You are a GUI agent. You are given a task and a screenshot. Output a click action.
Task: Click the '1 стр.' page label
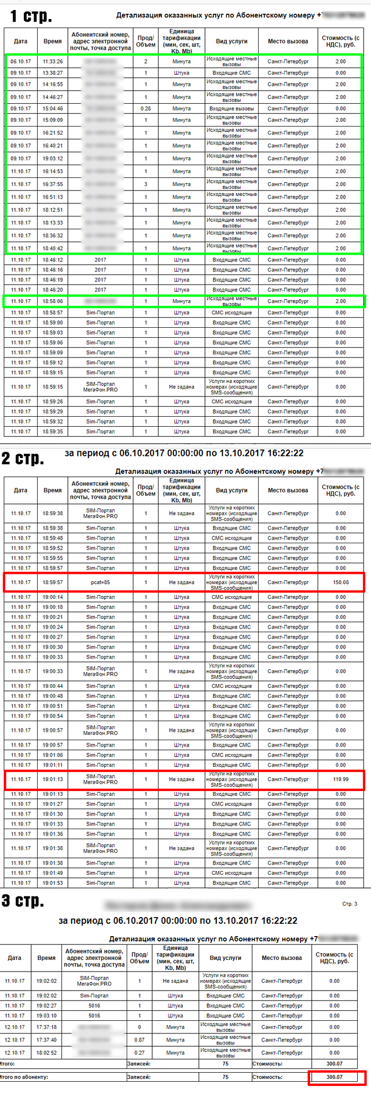[x=31, y=16]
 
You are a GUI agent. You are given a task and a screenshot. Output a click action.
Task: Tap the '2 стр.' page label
[x=22, y=458]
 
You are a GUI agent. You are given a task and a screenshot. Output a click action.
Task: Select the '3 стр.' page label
[x=22, y=901]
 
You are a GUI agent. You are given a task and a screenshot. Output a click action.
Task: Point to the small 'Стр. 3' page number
[x=349, y=904]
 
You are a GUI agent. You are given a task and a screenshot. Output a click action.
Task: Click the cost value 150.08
[x=341, y=582]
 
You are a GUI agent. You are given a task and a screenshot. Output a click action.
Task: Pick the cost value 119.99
[x=341, y=779]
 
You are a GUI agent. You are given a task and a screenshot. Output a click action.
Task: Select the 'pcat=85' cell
[x=100, y=582]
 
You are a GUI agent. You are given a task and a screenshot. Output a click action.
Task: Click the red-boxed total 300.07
[x=334, y=1077]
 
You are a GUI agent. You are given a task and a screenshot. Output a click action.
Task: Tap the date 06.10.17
[x=21, y=61]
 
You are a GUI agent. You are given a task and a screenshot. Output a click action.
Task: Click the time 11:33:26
[x=52, y=61]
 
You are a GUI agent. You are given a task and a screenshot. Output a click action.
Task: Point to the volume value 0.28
[x=146, y=109]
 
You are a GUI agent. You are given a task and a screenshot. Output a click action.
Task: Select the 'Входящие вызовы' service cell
[x=232, y=109]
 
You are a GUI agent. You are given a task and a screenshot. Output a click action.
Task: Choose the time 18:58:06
[x=52, y=301]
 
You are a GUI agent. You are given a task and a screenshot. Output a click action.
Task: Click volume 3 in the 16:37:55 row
[x=146, y=184]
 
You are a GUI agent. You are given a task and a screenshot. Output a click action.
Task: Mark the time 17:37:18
[x=47, y=1027]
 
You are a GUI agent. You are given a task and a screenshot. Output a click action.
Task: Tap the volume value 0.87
[x=139, y=1040]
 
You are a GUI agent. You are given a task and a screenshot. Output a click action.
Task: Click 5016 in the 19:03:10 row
[x=94, y=1016]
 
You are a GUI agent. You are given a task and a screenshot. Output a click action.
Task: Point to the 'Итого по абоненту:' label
[x=24, y=1077]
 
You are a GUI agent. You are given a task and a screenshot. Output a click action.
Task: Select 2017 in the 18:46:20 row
[x=100, y=290]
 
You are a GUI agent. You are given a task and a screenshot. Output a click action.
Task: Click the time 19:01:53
[x=52, y=883]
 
